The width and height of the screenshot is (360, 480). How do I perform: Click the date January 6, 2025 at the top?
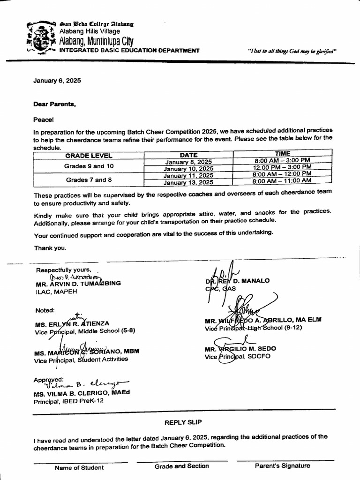[x=57, y=80]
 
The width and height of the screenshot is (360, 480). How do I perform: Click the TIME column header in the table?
[x=282, y=153]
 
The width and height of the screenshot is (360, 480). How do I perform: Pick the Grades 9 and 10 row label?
[x=89, y=166]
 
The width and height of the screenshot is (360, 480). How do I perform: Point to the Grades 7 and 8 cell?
[x=89, y=179]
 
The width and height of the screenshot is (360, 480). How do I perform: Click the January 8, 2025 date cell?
[x=188, y=162]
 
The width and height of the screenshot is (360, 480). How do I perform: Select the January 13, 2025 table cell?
[x=188, y=182]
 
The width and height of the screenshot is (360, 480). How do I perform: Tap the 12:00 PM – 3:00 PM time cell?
[x=282, y=167]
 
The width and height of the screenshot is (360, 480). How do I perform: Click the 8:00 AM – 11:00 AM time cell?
[x=282, y=180]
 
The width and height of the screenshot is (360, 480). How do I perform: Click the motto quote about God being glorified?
[x=292, y=52]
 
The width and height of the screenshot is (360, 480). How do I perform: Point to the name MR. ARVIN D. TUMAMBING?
[x=78, y=284]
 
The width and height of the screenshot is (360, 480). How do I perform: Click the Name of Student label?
[x=79, y=467]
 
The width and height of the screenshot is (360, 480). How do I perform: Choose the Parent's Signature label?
[x=282, y=466]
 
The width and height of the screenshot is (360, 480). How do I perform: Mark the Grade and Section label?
[x=182, y=466]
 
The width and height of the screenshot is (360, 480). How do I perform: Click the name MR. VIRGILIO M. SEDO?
[x=240, y=349]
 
